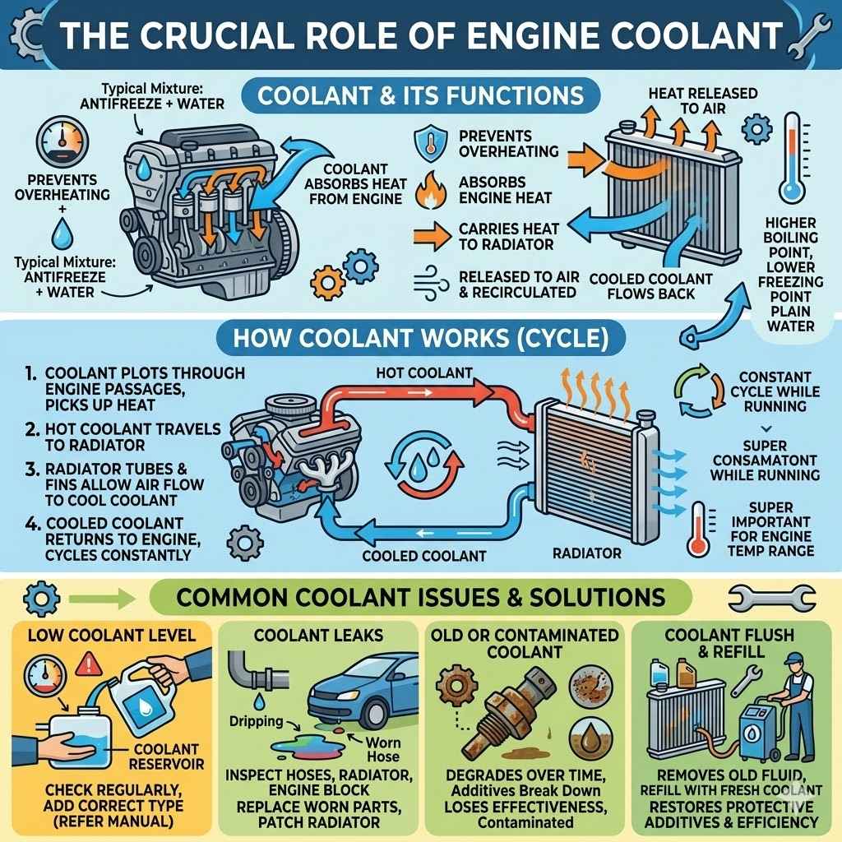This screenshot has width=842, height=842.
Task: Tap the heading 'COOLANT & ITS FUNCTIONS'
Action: click(x=420, y=95)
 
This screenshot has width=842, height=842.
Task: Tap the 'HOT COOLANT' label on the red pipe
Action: click(x=423, y=372)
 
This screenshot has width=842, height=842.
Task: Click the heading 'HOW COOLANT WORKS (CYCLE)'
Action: click(x=420, y=339)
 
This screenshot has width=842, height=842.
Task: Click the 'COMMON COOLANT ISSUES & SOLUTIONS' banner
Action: click(x=420, y=596)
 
